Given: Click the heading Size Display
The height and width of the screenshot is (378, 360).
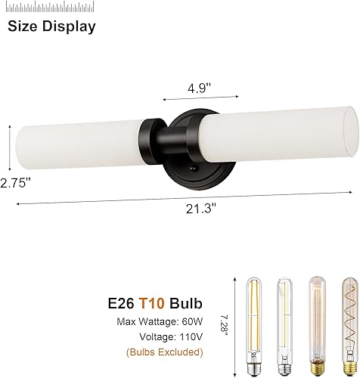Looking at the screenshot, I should [x=52, y=27].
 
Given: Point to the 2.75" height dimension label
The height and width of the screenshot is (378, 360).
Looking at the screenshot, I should [x=18, y=182].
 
